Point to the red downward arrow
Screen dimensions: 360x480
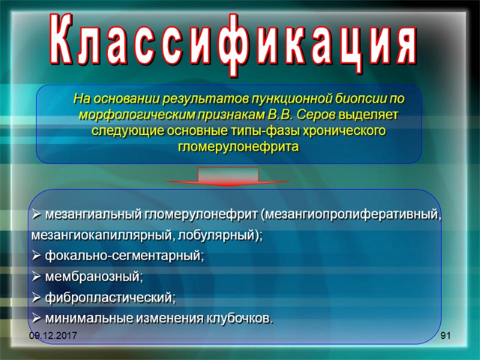228,177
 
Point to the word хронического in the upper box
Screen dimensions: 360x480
347,130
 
